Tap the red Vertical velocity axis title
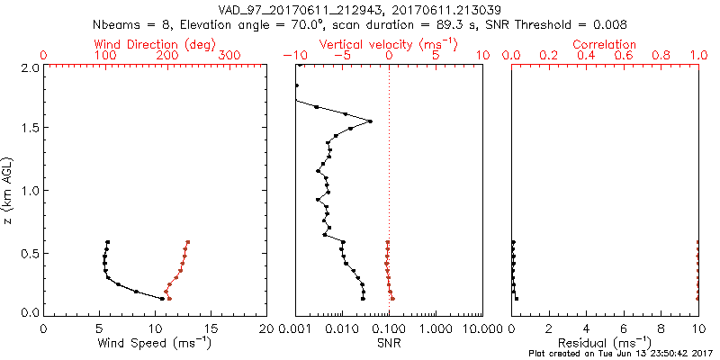coord(389,44)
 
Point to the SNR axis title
coord(389,343)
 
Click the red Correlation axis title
coord(605,44)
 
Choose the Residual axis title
coord(605,343)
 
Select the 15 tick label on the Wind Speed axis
coord(211,328)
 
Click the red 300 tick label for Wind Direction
coord(230,56)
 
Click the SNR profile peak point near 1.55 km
coord(370,121)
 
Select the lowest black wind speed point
coord(162,298)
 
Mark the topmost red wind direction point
coord(188,242)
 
